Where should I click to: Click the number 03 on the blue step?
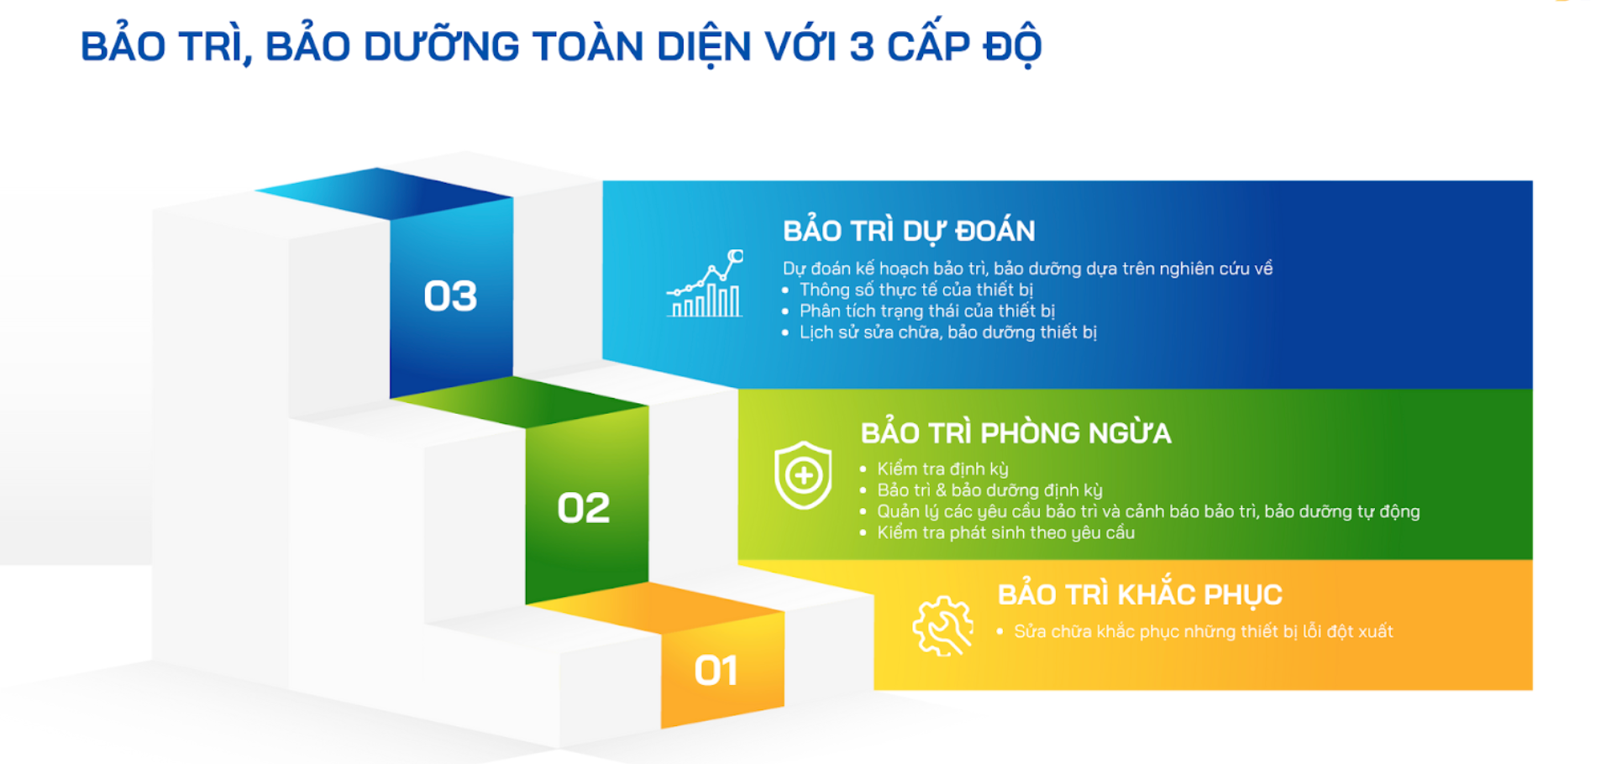pos(450,296)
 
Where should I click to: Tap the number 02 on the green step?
pos(584,508)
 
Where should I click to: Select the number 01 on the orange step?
pos(716,671)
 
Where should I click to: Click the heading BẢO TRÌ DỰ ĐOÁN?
pos(909,230)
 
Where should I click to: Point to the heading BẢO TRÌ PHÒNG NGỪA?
pos(1015,432)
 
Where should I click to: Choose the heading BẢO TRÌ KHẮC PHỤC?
pos(1140,594)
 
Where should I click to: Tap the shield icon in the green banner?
pos(803,475)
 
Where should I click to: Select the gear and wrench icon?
pos(942,625)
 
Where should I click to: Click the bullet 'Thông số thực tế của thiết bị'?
pos(916,290)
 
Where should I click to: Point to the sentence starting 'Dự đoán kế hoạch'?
pos(1027,269)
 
